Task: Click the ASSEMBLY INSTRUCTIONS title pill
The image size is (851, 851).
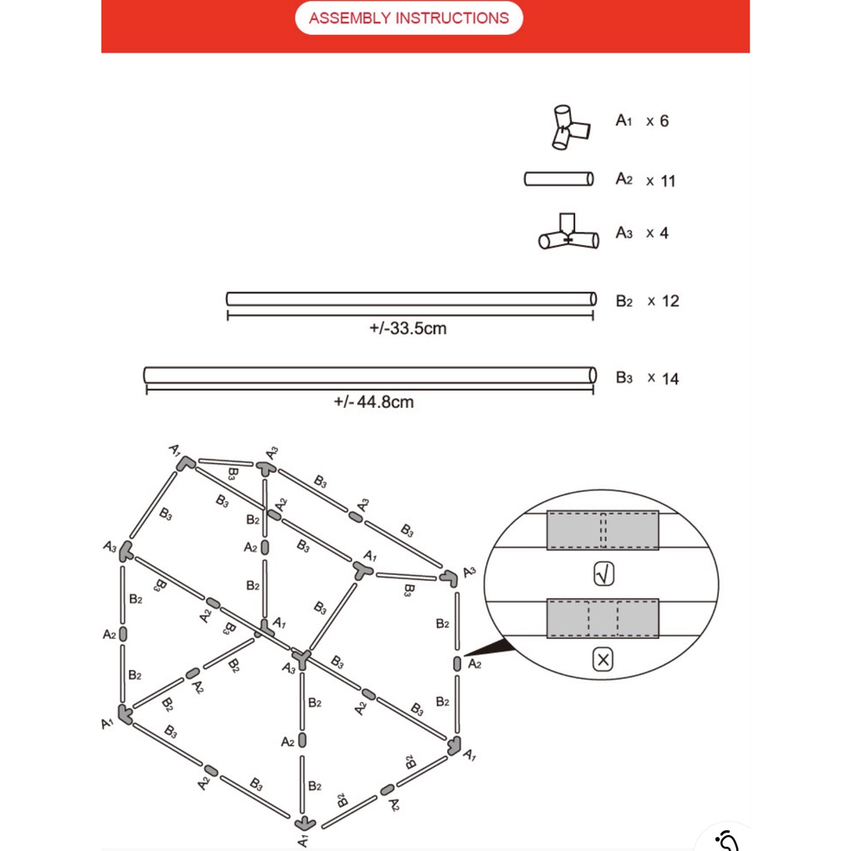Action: point(409,18)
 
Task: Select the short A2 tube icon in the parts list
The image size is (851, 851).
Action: point(558,179)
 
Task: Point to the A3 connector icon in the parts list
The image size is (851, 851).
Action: point(568,234)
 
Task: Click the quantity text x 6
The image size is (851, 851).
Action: point(657,121)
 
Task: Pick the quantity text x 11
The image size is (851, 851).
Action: point(661,180)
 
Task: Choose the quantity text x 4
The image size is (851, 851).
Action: point(657,234)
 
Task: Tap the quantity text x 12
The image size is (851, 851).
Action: point(662,301)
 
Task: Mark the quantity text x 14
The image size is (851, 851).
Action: point(662,379)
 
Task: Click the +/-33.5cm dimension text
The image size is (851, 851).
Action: point(407,329)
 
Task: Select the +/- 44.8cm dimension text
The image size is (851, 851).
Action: point(373,403)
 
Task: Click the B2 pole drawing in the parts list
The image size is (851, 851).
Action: point(411,298)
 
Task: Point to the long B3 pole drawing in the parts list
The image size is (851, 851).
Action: point(370,375)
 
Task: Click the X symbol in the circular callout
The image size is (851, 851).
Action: point(603,661)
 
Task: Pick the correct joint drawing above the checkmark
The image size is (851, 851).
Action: point(603,530)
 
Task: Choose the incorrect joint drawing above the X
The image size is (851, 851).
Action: point(603,618)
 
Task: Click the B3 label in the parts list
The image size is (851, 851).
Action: point(624,378)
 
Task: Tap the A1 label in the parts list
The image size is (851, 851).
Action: point(624,121)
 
